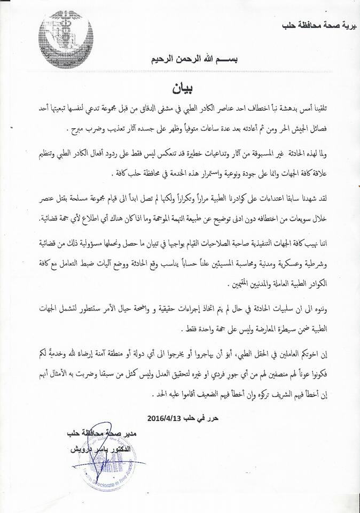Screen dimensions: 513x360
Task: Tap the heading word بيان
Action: pyautogui.click(x=181, y=85)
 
